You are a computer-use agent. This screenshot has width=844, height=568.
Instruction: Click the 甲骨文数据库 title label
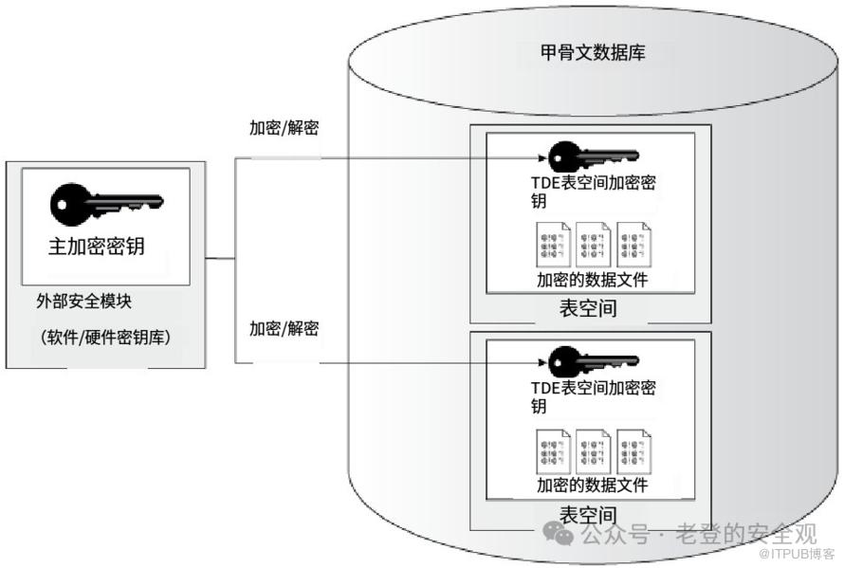click(x=594, y=53)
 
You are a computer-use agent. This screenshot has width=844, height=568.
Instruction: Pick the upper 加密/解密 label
click(x=284, y=128)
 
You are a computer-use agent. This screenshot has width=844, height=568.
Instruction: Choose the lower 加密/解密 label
click(x=284, y=329)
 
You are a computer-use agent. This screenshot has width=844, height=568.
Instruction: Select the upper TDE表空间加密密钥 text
click(x=593, y=191)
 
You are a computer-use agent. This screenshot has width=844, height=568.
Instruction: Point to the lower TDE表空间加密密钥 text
click(x=593, y=396)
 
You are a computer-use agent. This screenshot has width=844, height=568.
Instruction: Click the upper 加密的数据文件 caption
click(x=592, y=280)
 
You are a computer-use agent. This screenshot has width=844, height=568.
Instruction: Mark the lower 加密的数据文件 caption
click(x=592, y=486)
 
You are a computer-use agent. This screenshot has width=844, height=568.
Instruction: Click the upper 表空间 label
click(x=588, y=309)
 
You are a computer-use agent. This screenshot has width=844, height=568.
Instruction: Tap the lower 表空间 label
click(x=588, y=515)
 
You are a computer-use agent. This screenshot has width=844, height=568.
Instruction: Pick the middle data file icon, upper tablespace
click(x=594, y=244)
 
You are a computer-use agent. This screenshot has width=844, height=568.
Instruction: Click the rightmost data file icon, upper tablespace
click(x=633, y=244)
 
